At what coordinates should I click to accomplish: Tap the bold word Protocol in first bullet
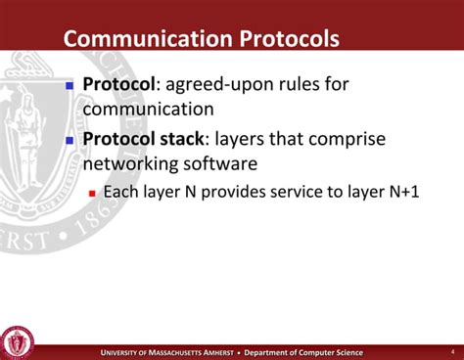pos(119,84)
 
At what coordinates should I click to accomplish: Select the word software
pos(228,163)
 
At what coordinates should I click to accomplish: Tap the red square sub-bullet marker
pos(92,193)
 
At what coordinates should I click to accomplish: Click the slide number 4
pos(451,351)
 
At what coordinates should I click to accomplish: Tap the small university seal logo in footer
pos(18,340)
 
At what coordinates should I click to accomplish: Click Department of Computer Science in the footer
pos(302,352)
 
